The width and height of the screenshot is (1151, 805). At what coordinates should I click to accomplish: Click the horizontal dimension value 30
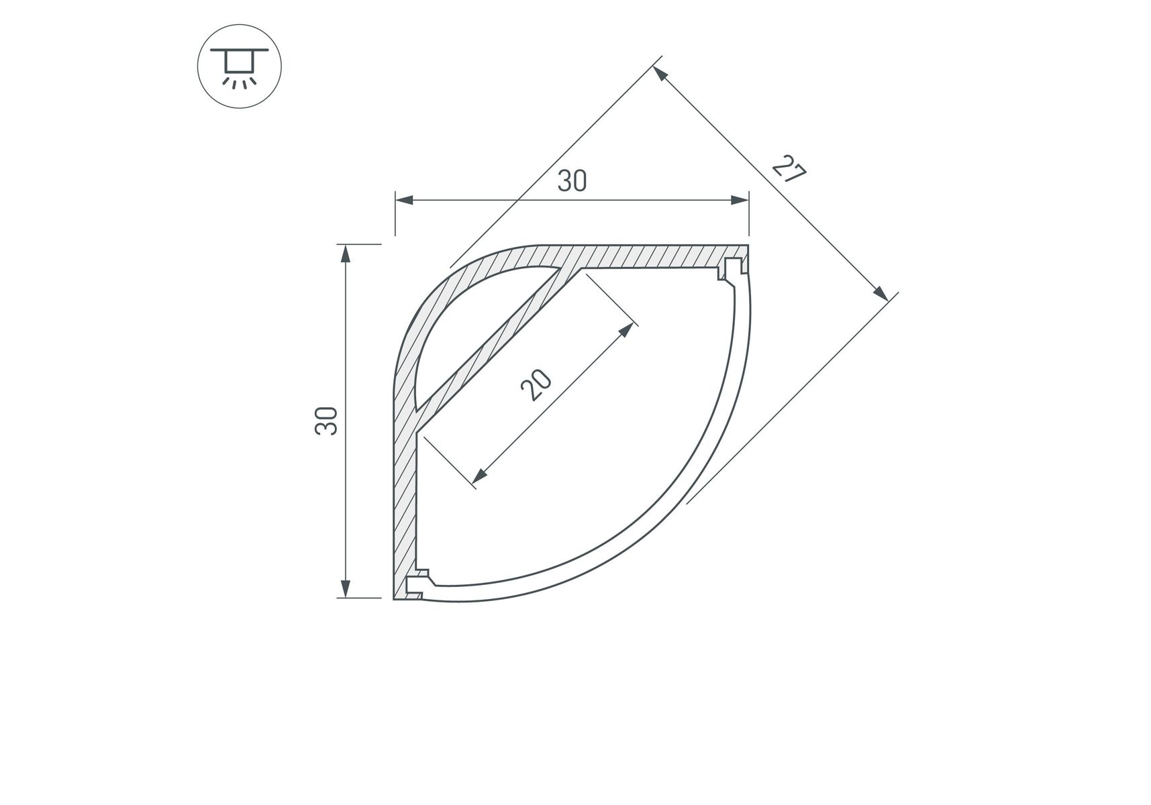572,180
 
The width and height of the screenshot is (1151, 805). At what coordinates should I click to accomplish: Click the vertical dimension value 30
326,421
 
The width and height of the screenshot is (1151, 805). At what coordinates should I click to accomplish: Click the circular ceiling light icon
239,67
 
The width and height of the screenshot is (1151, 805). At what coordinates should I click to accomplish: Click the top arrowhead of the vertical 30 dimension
345,254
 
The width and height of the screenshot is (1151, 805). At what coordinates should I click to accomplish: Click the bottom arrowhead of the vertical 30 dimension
345,588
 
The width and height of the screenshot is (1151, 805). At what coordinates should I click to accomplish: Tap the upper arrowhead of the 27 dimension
660,73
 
